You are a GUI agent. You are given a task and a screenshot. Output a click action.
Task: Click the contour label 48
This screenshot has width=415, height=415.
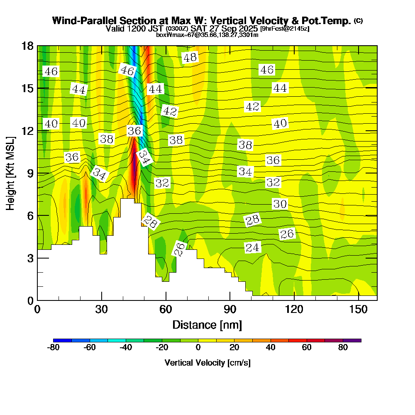(190, 58)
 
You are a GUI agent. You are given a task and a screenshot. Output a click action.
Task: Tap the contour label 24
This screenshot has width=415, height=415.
(252, 248)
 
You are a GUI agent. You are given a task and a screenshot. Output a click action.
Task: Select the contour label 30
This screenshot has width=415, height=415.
(280, 204)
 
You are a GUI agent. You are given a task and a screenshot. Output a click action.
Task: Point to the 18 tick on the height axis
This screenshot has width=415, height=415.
(38, 46)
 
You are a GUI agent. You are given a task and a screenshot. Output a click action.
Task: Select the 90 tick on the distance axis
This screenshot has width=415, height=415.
(229, 300)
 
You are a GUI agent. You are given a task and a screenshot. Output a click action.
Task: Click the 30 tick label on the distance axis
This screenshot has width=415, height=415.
(101, 309)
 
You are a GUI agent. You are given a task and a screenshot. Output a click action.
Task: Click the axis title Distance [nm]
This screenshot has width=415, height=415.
(207, 325)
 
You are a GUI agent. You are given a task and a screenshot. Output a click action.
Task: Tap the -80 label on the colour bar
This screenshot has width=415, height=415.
(54, 348)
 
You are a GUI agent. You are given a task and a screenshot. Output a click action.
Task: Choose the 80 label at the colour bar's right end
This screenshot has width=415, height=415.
(343, 348)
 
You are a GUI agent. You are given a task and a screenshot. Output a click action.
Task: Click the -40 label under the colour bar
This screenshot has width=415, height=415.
(126, 348)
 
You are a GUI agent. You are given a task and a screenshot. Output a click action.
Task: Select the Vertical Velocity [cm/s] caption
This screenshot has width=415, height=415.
(207, 363)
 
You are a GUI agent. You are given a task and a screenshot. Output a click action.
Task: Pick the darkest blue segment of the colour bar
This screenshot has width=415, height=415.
(63, 340)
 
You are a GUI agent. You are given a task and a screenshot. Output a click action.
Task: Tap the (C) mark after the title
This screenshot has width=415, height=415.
(358, 21)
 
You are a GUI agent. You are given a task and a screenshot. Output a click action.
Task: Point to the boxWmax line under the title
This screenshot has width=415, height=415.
(207, 35)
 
